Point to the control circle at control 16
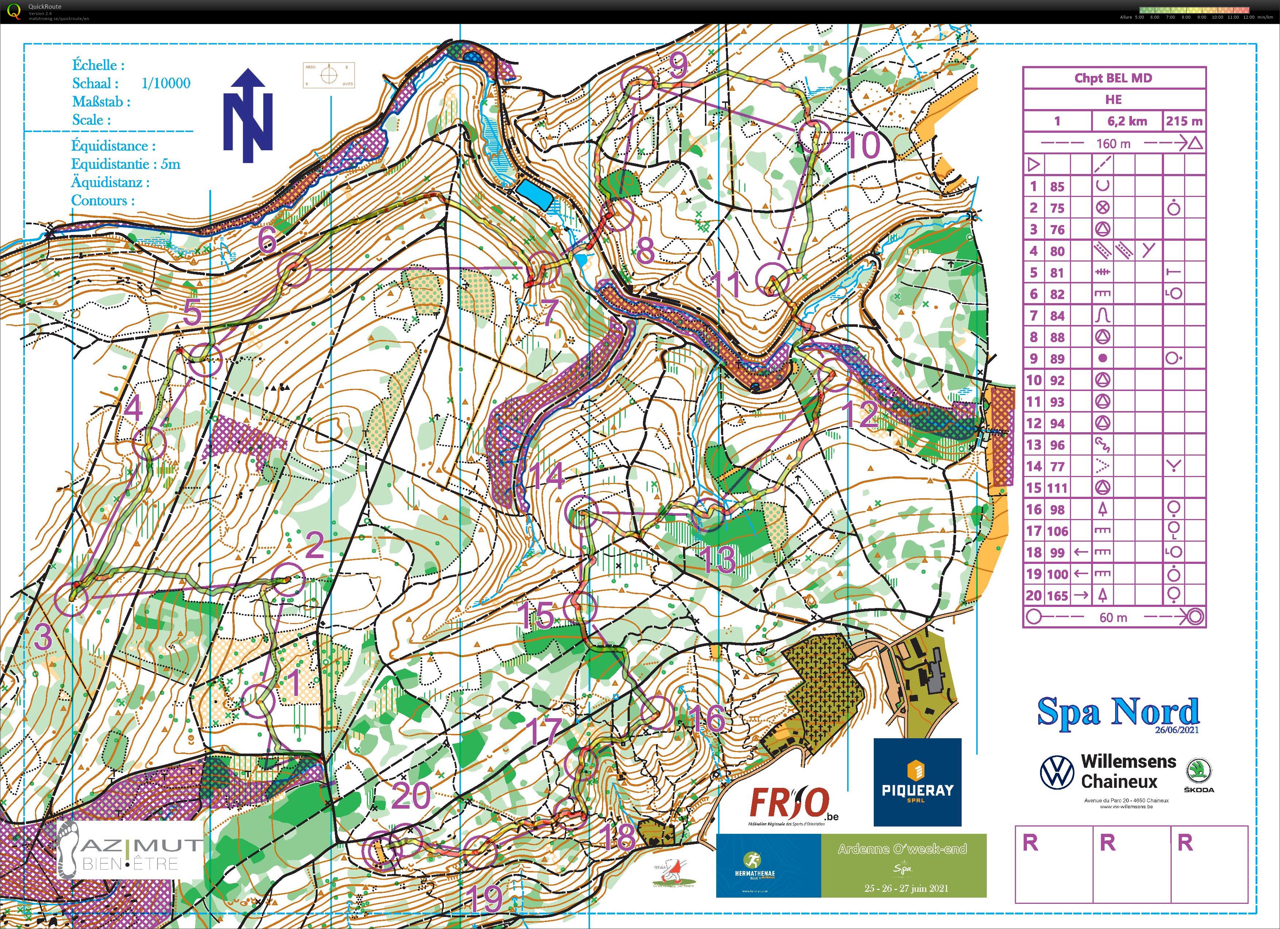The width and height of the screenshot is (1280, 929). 657,713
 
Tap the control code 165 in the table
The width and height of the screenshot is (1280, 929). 1058,595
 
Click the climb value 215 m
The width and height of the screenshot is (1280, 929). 1184,121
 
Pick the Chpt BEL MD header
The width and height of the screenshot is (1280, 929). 1113,78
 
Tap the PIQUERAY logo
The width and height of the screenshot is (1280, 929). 917,782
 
